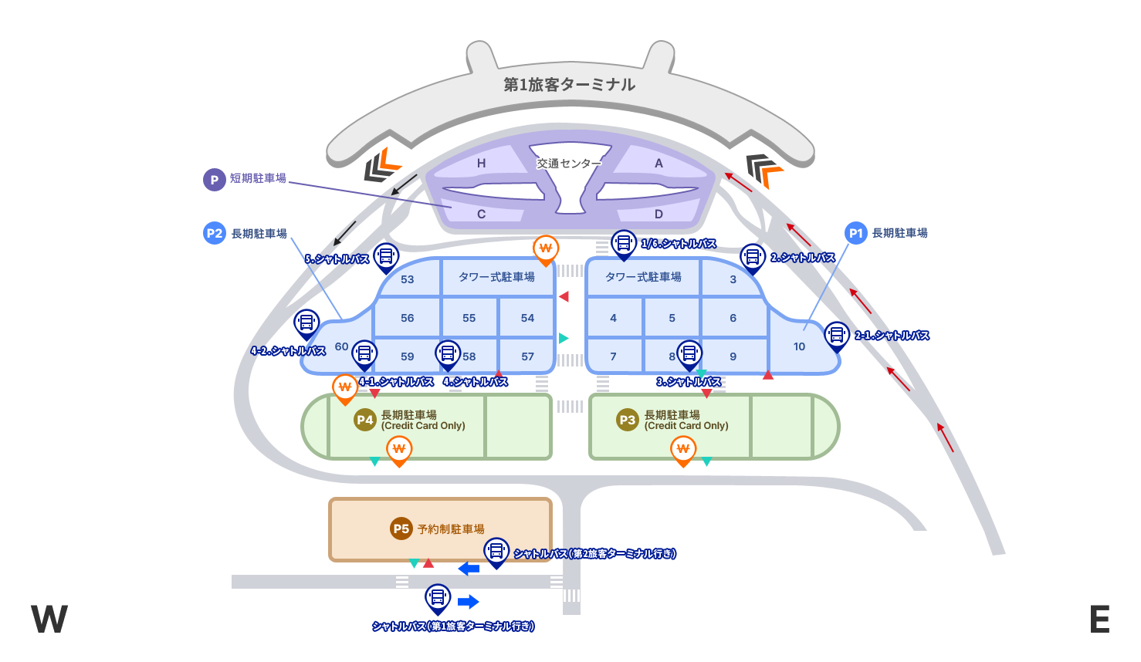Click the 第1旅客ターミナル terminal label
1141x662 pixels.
569,85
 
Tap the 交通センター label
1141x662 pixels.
568,164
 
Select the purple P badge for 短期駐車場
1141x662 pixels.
214,180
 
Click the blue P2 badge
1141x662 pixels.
215,233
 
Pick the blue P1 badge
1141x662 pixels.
855,233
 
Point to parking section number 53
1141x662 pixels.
408,279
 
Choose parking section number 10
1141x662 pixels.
799,346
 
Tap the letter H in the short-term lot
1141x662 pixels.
481,164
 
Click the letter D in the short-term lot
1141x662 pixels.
659,214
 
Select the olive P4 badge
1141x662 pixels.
364,420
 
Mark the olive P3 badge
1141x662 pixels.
627,420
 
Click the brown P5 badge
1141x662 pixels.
401,529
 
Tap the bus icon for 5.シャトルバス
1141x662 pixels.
385,255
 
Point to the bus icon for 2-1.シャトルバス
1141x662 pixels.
836,334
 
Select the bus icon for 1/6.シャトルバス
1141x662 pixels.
623,243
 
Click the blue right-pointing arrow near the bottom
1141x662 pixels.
468,602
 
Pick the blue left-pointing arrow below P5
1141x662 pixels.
469,569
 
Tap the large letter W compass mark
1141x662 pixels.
49,620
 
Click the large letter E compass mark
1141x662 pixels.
1099,620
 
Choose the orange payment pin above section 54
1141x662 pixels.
546,248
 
